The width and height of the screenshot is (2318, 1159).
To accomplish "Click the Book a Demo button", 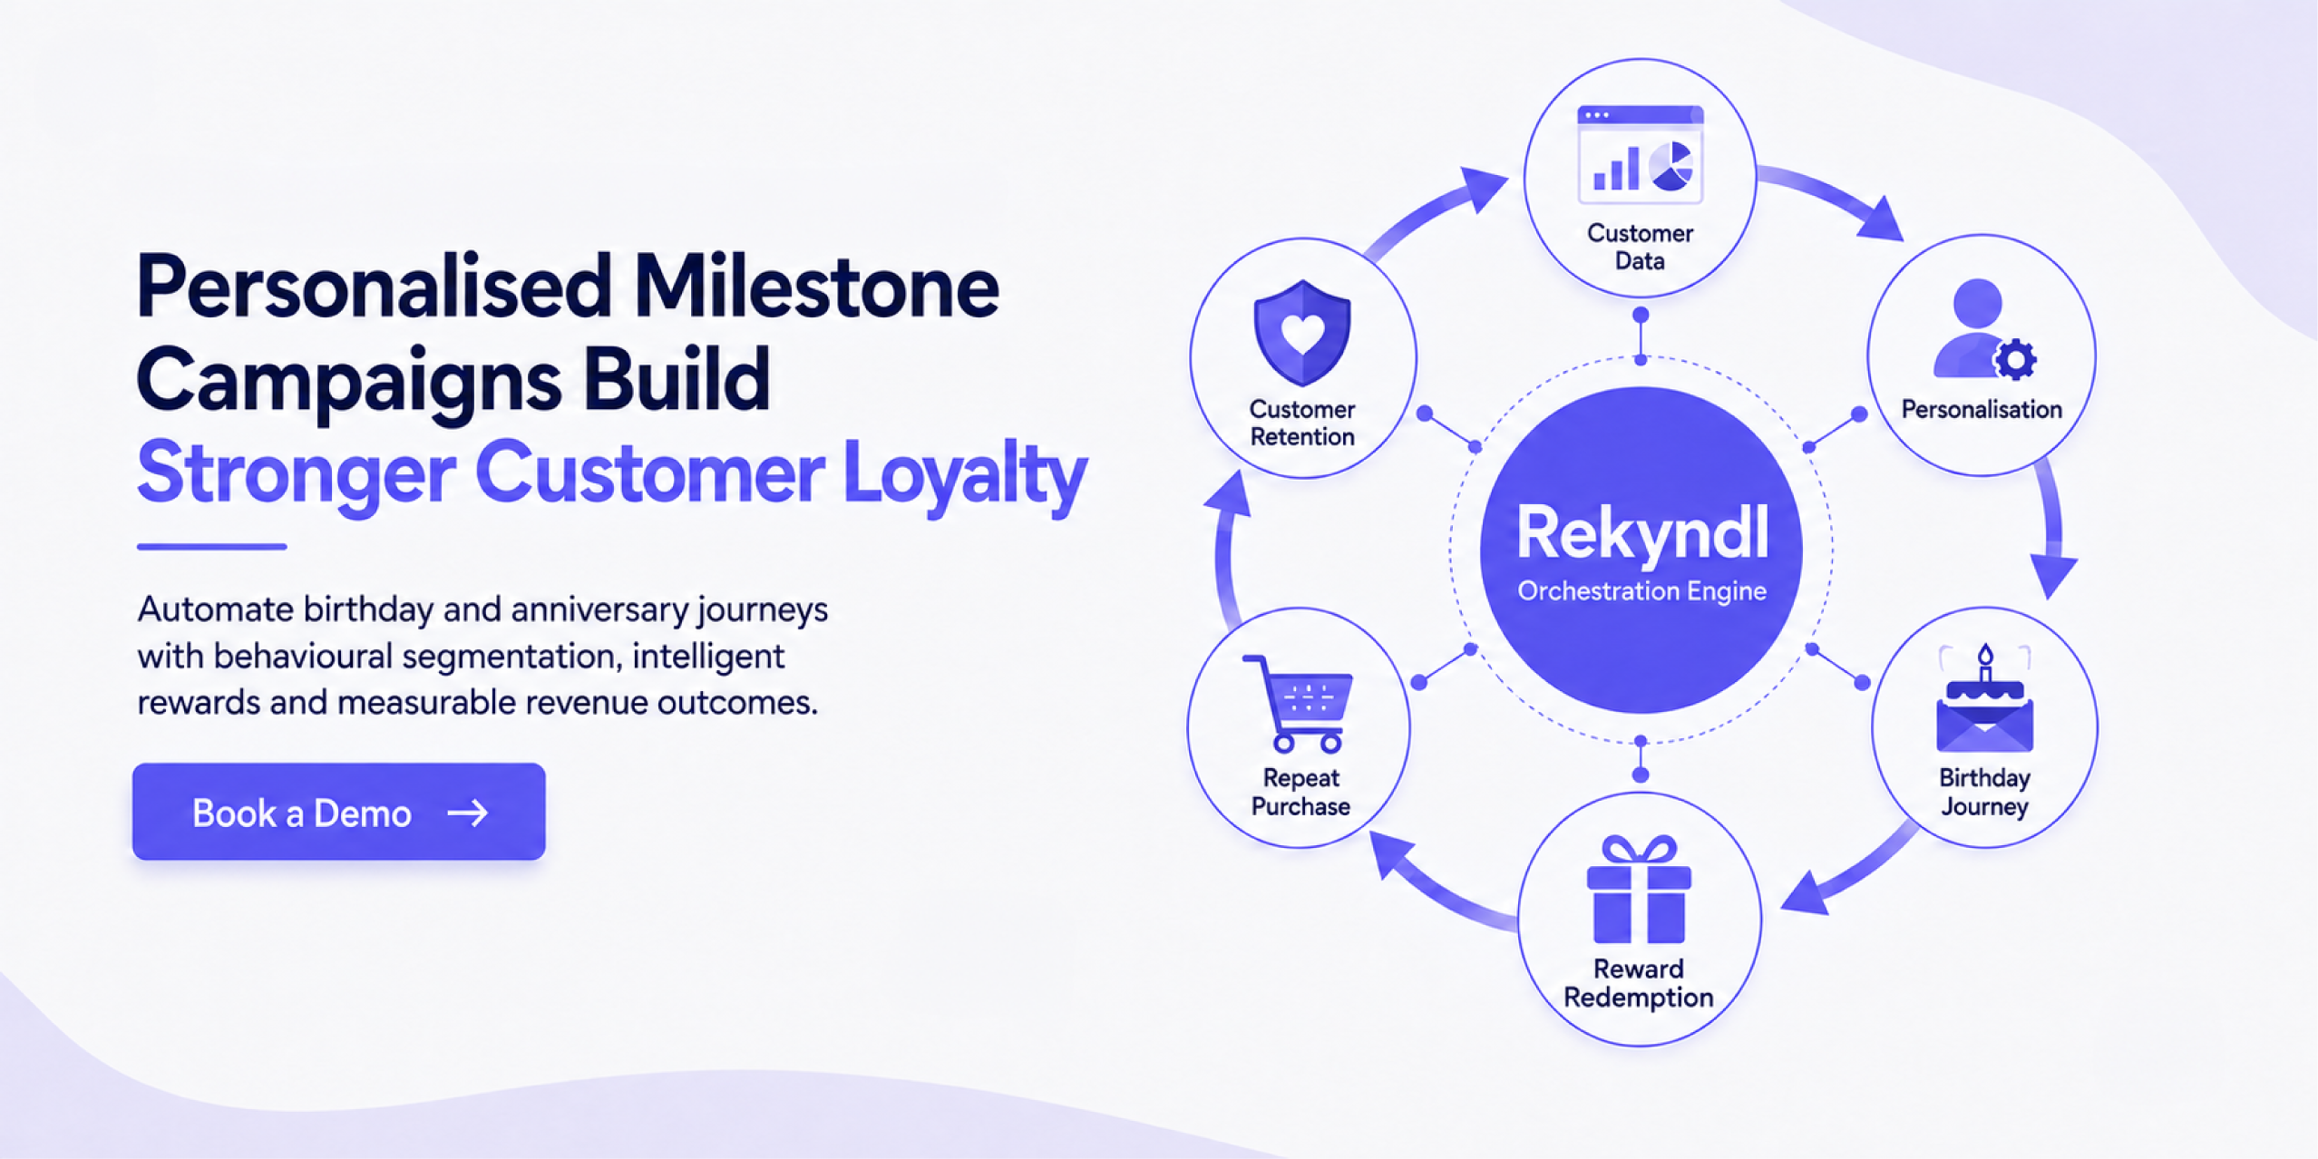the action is point(338,812).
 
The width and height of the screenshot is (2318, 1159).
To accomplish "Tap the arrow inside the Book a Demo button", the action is point(468,813).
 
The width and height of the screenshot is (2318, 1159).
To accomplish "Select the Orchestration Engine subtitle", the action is point(1641,591).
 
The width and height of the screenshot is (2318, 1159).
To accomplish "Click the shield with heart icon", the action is point(1302,332).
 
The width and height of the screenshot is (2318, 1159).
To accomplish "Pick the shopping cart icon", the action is point(1298,704).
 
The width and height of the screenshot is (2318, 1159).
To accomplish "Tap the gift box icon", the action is point(1639,889).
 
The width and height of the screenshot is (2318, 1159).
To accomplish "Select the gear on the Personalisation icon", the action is point(2015,359).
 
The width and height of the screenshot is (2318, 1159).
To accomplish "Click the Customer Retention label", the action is point(1302,423).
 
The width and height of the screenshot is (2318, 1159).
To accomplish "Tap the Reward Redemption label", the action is point(1639,983).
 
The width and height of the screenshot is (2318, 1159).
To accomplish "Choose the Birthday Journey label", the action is point(1984,792).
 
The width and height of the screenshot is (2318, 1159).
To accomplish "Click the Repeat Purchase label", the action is point(1300,792).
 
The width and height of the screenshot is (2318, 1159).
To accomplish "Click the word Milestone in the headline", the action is point(816,287).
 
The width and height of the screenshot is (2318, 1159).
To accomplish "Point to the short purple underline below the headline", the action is point(212,547).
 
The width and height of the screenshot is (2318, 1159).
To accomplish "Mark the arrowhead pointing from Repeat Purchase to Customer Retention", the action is point(1227,495).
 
